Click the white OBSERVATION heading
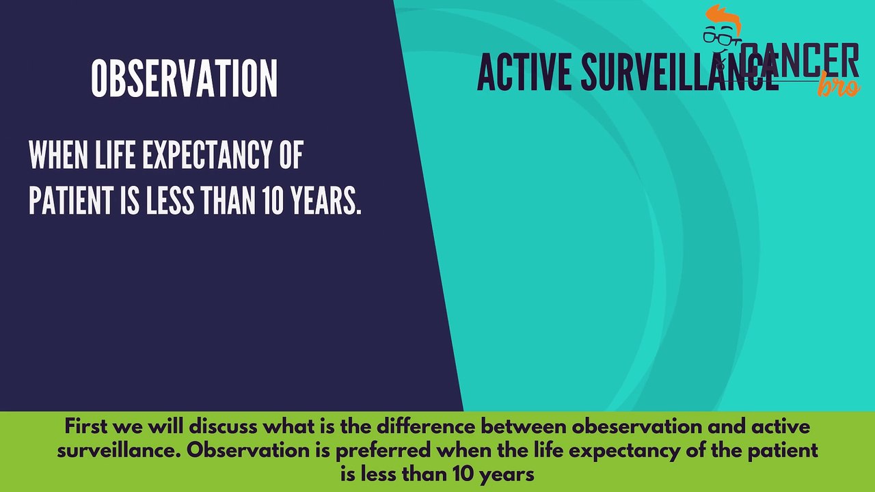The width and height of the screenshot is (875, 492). point(184,78)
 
